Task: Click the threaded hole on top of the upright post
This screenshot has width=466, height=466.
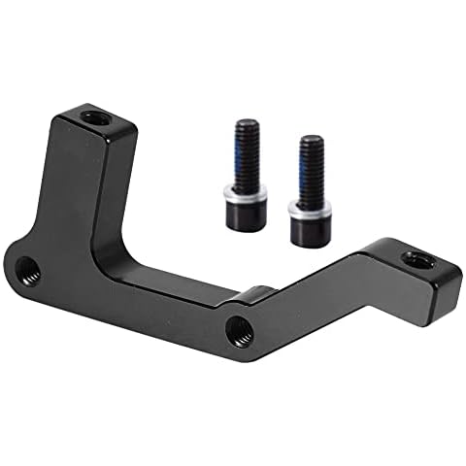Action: pos(93,119)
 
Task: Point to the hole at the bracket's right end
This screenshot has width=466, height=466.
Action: pos(418,259)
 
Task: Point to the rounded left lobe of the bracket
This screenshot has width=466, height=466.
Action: pos(34,267)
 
